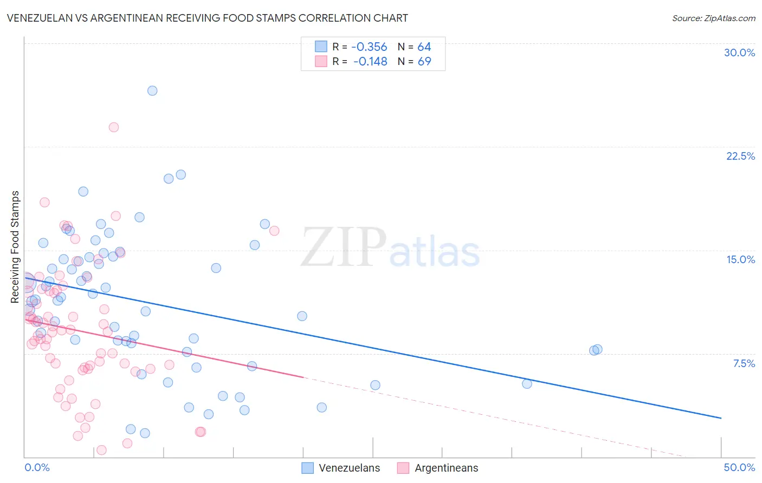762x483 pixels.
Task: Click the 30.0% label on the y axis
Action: point(739,53)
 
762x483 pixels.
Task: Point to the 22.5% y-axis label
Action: point(740,156)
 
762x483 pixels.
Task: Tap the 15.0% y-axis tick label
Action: point(740,259)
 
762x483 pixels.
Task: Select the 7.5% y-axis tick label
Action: point(744,363)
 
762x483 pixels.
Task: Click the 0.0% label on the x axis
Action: point(37,467)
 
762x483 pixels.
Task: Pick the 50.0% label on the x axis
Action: point(739,467)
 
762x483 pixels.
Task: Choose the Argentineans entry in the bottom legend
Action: point(437,468)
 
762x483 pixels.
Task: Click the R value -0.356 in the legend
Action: point(369,47)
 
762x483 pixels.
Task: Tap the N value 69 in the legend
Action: point(424,61)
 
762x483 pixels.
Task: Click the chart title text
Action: point(208,18)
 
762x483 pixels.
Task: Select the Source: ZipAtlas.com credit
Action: point(713,18)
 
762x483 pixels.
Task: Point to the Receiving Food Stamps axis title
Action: point(15,247)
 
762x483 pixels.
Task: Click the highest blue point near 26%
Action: point(152,90)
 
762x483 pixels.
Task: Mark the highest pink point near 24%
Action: point(114,127)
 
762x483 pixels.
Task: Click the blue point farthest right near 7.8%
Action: point(597,349)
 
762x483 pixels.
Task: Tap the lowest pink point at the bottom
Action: point(101,450)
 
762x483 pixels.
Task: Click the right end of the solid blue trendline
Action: point(721,418)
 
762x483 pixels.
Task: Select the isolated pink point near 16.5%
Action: point(274,231)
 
